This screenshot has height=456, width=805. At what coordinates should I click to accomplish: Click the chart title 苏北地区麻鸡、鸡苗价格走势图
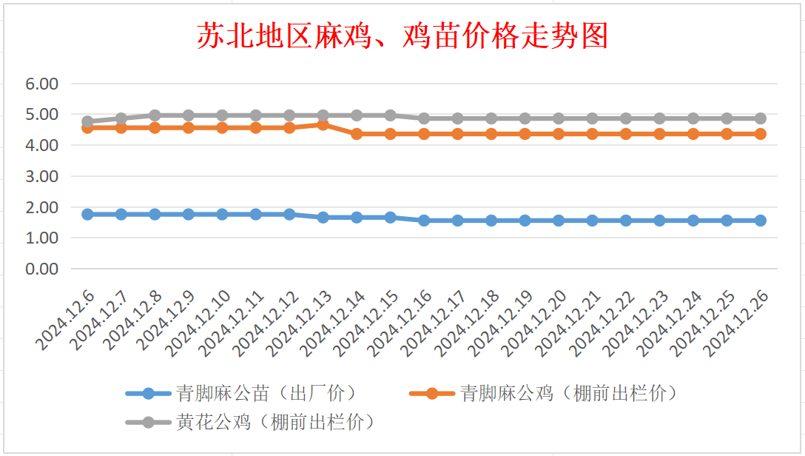point(402,36)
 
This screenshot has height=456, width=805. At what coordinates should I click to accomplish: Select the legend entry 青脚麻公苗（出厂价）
point(241,394)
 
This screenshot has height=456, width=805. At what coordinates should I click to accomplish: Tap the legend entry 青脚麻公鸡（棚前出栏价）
point(544,394)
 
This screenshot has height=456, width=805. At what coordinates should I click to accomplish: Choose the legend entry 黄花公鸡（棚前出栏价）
point(251,422)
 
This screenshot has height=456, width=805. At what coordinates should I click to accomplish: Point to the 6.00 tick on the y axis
point(42,84)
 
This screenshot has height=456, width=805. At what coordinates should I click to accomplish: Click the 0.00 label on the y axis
point(42,269)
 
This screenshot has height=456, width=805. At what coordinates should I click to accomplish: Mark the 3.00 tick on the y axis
point(42,176)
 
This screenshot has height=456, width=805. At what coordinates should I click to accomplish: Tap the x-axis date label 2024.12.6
point(65,321)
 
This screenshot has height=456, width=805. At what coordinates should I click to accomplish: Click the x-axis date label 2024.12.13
point(300,323)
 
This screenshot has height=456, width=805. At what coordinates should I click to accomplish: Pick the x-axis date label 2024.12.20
point(534,323)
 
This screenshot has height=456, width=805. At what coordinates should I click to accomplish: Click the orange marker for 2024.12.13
point(323,125)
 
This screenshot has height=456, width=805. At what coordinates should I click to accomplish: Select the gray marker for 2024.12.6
point(88,121)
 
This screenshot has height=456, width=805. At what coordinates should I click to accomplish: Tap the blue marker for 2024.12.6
point(88,214)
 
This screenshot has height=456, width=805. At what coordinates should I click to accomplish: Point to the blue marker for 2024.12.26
point(761,221)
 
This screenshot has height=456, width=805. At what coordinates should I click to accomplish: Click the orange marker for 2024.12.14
point(357,134)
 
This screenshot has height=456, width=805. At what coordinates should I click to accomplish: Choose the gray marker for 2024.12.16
point(424,118)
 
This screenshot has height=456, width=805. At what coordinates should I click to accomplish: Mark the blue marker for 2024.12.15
point(390,217)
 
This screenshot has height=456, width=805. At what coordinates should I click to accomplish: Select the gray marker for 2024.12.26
point(761,118)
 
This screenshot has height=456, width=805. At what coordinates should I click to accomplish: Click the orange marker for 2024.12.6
point(88,128)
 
